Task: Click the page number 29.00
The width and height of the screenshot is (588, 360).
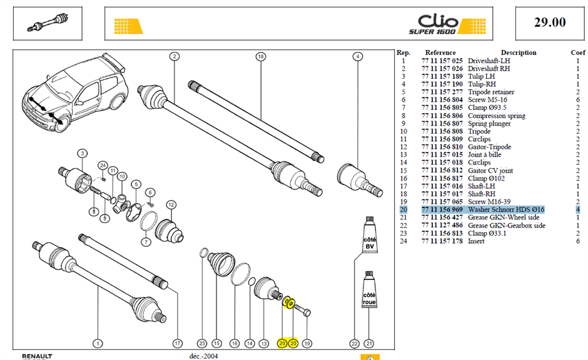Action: point(550,22)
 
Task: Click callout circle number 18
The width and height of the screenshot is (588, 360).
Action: point(261,57)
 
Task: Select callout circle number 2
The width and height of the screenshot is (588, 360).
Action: point(175,57)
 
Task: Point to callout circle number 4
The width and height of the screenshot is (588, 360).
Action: point(358,57)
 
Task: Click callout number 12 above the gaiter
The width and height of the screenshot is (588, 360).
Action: point(171,204)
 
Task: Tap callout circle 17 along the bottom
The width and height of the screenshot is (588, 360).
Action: point(178,343)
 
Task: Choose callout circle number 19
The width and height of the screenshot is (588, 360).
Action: point(307,343)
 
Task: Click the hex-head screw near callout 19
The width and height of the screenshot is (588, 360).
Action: point(302,310)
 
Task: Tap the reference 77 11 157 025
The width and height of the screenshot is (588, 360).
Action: point(442,61)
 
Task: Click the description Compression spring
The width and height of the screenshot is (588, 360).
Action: point(497,116)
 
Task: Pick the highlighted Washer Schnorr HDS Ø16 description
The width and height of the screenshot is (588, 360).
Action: point(506,210)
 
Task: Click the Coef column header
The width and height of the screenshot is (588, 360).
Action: point(578,53)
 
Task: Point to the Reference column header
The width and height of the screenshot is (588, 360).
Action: point(440,53)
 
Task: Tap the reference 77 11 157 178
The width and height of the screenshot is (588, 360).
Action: point(442,241)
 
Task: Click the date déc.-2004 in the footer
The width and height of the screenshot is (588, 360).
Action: point(203,356)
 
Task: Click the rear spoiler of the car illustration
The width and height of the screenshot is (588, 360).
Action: point(114,61)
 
